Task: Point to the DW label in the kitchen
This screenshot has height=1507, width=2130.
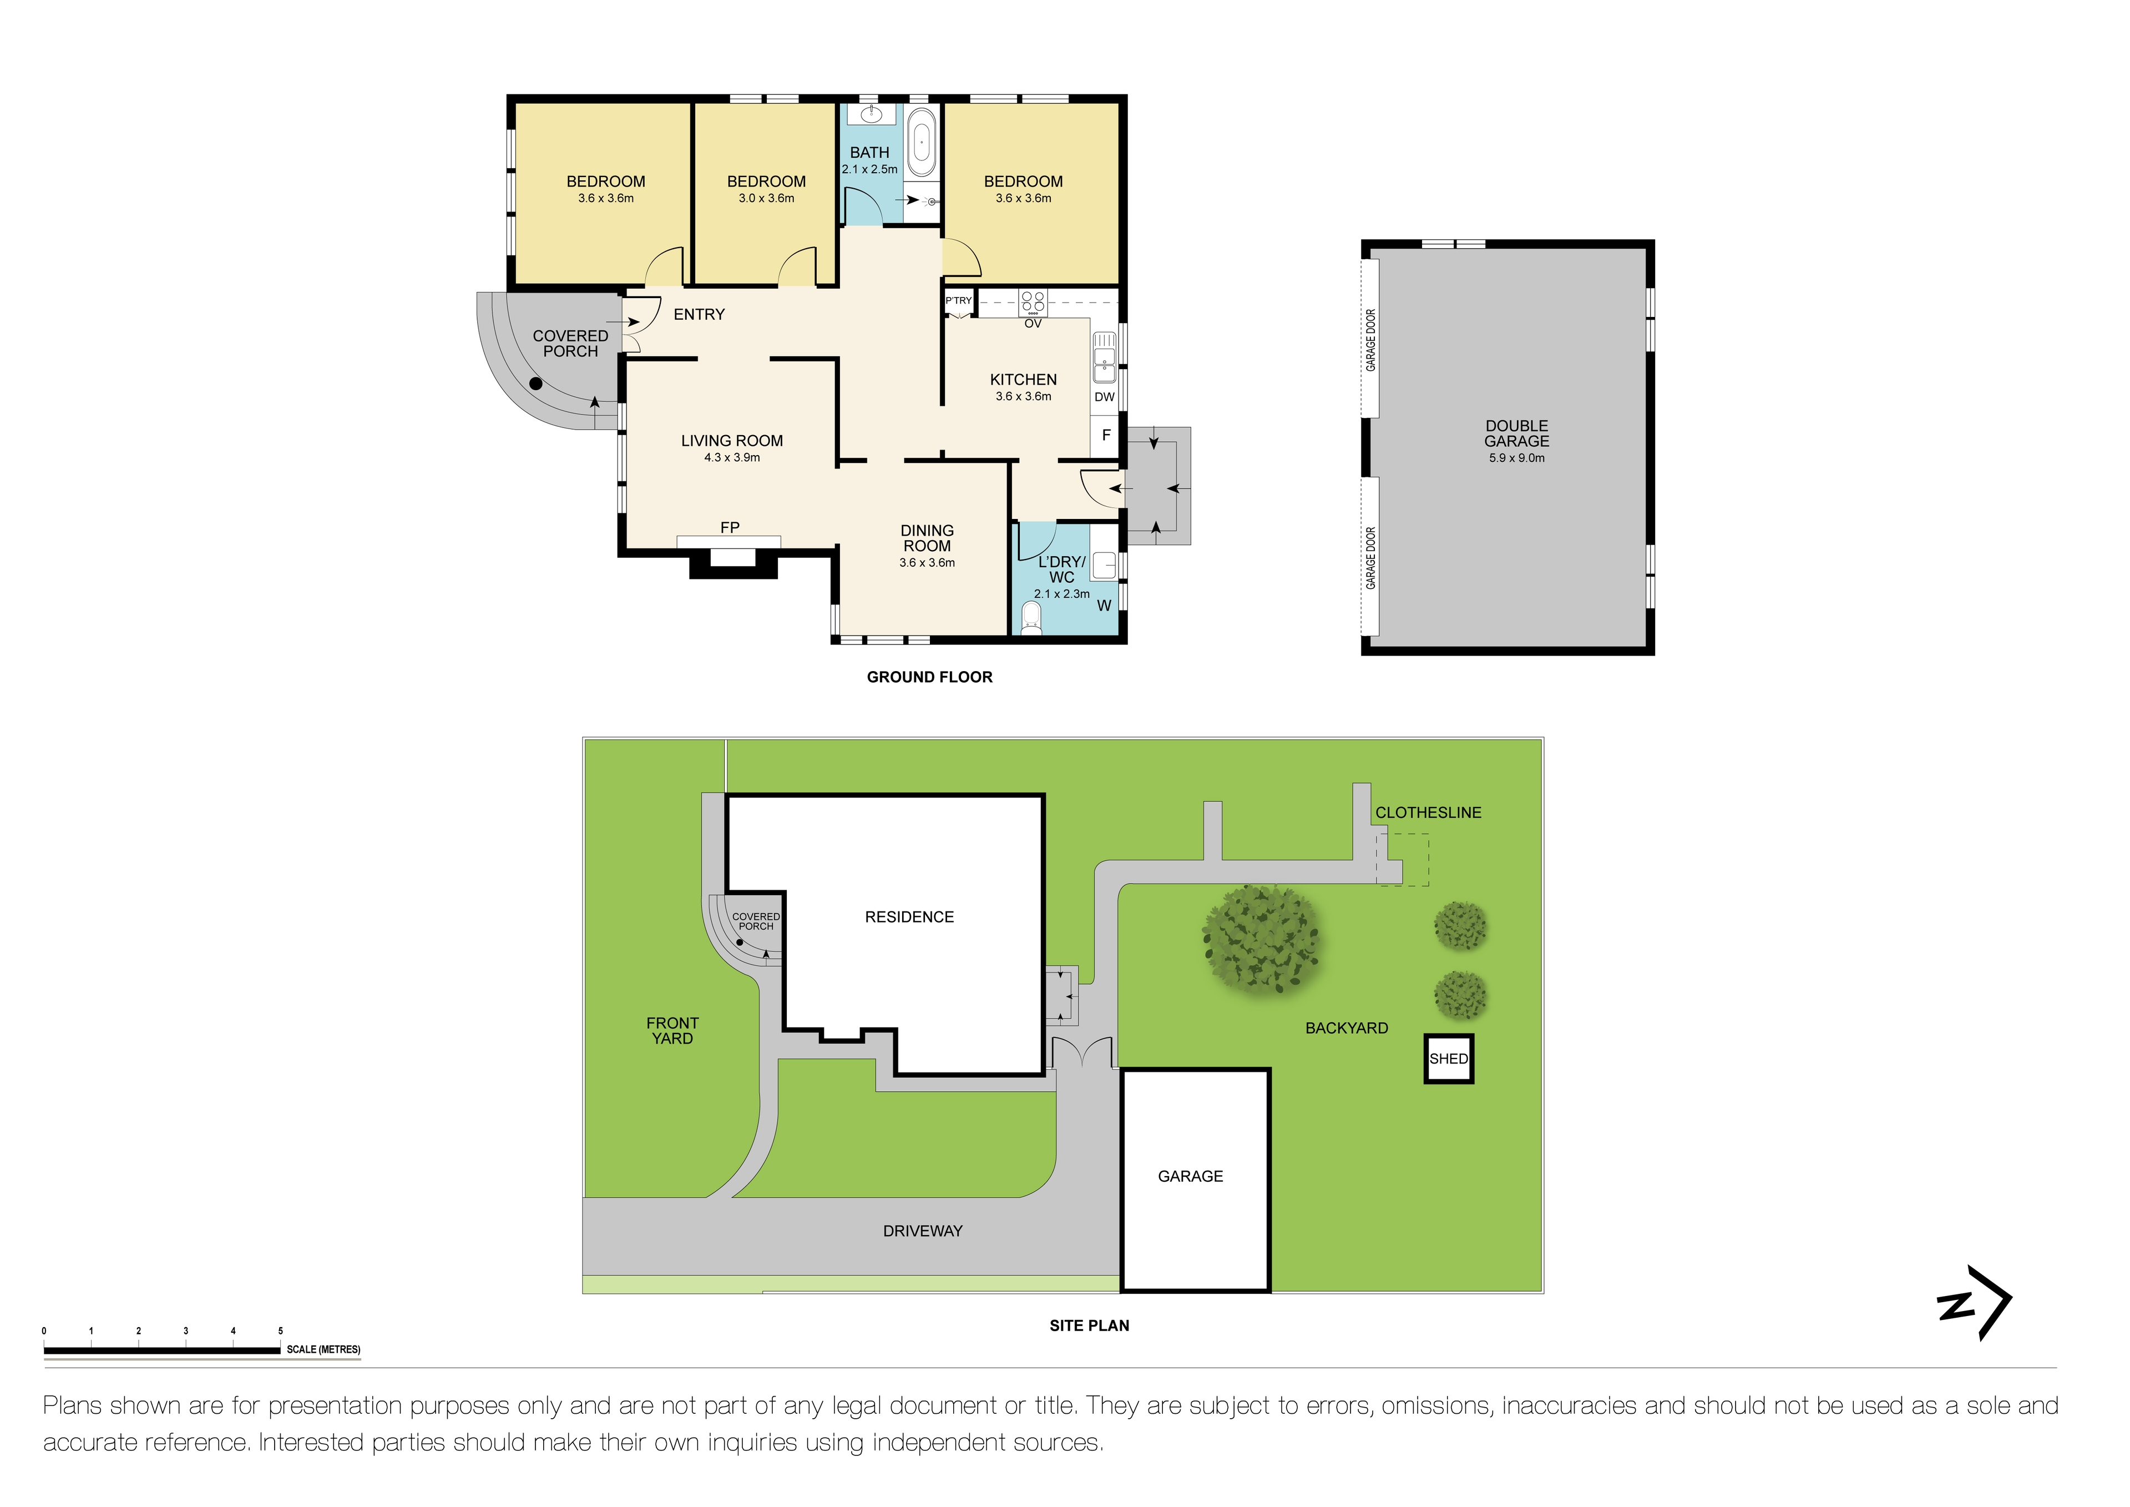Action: [1104, 397]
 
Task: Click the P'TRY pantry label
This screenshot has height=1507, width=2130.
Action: [958, 301]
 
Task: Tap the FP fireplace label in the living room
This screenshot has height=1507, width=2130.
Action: [730, 527]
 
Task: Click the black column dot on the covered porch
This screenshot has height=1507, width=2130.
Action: [535, 383]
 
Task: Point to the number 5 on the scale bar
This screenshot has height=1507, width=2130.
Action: [280, 1330]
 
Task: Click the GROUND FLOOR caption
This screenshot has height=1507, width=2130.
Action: [929, 677]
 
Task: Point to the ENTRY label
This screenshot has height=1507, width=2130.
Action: [699, 315]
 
